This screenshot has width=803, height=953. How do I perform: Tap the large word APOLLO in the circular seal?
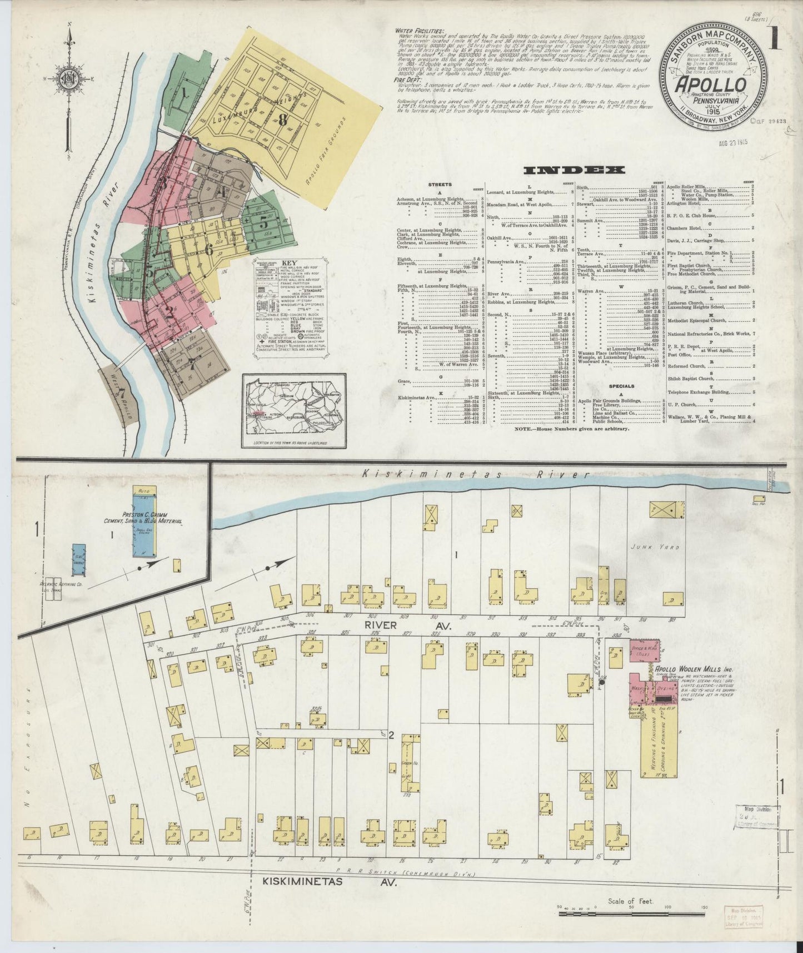(710, 85)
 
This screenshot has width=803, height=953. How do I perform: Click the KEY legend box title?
(288, 262)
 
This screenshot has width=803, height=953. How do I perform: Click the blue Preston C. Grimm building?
(144, 521)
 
